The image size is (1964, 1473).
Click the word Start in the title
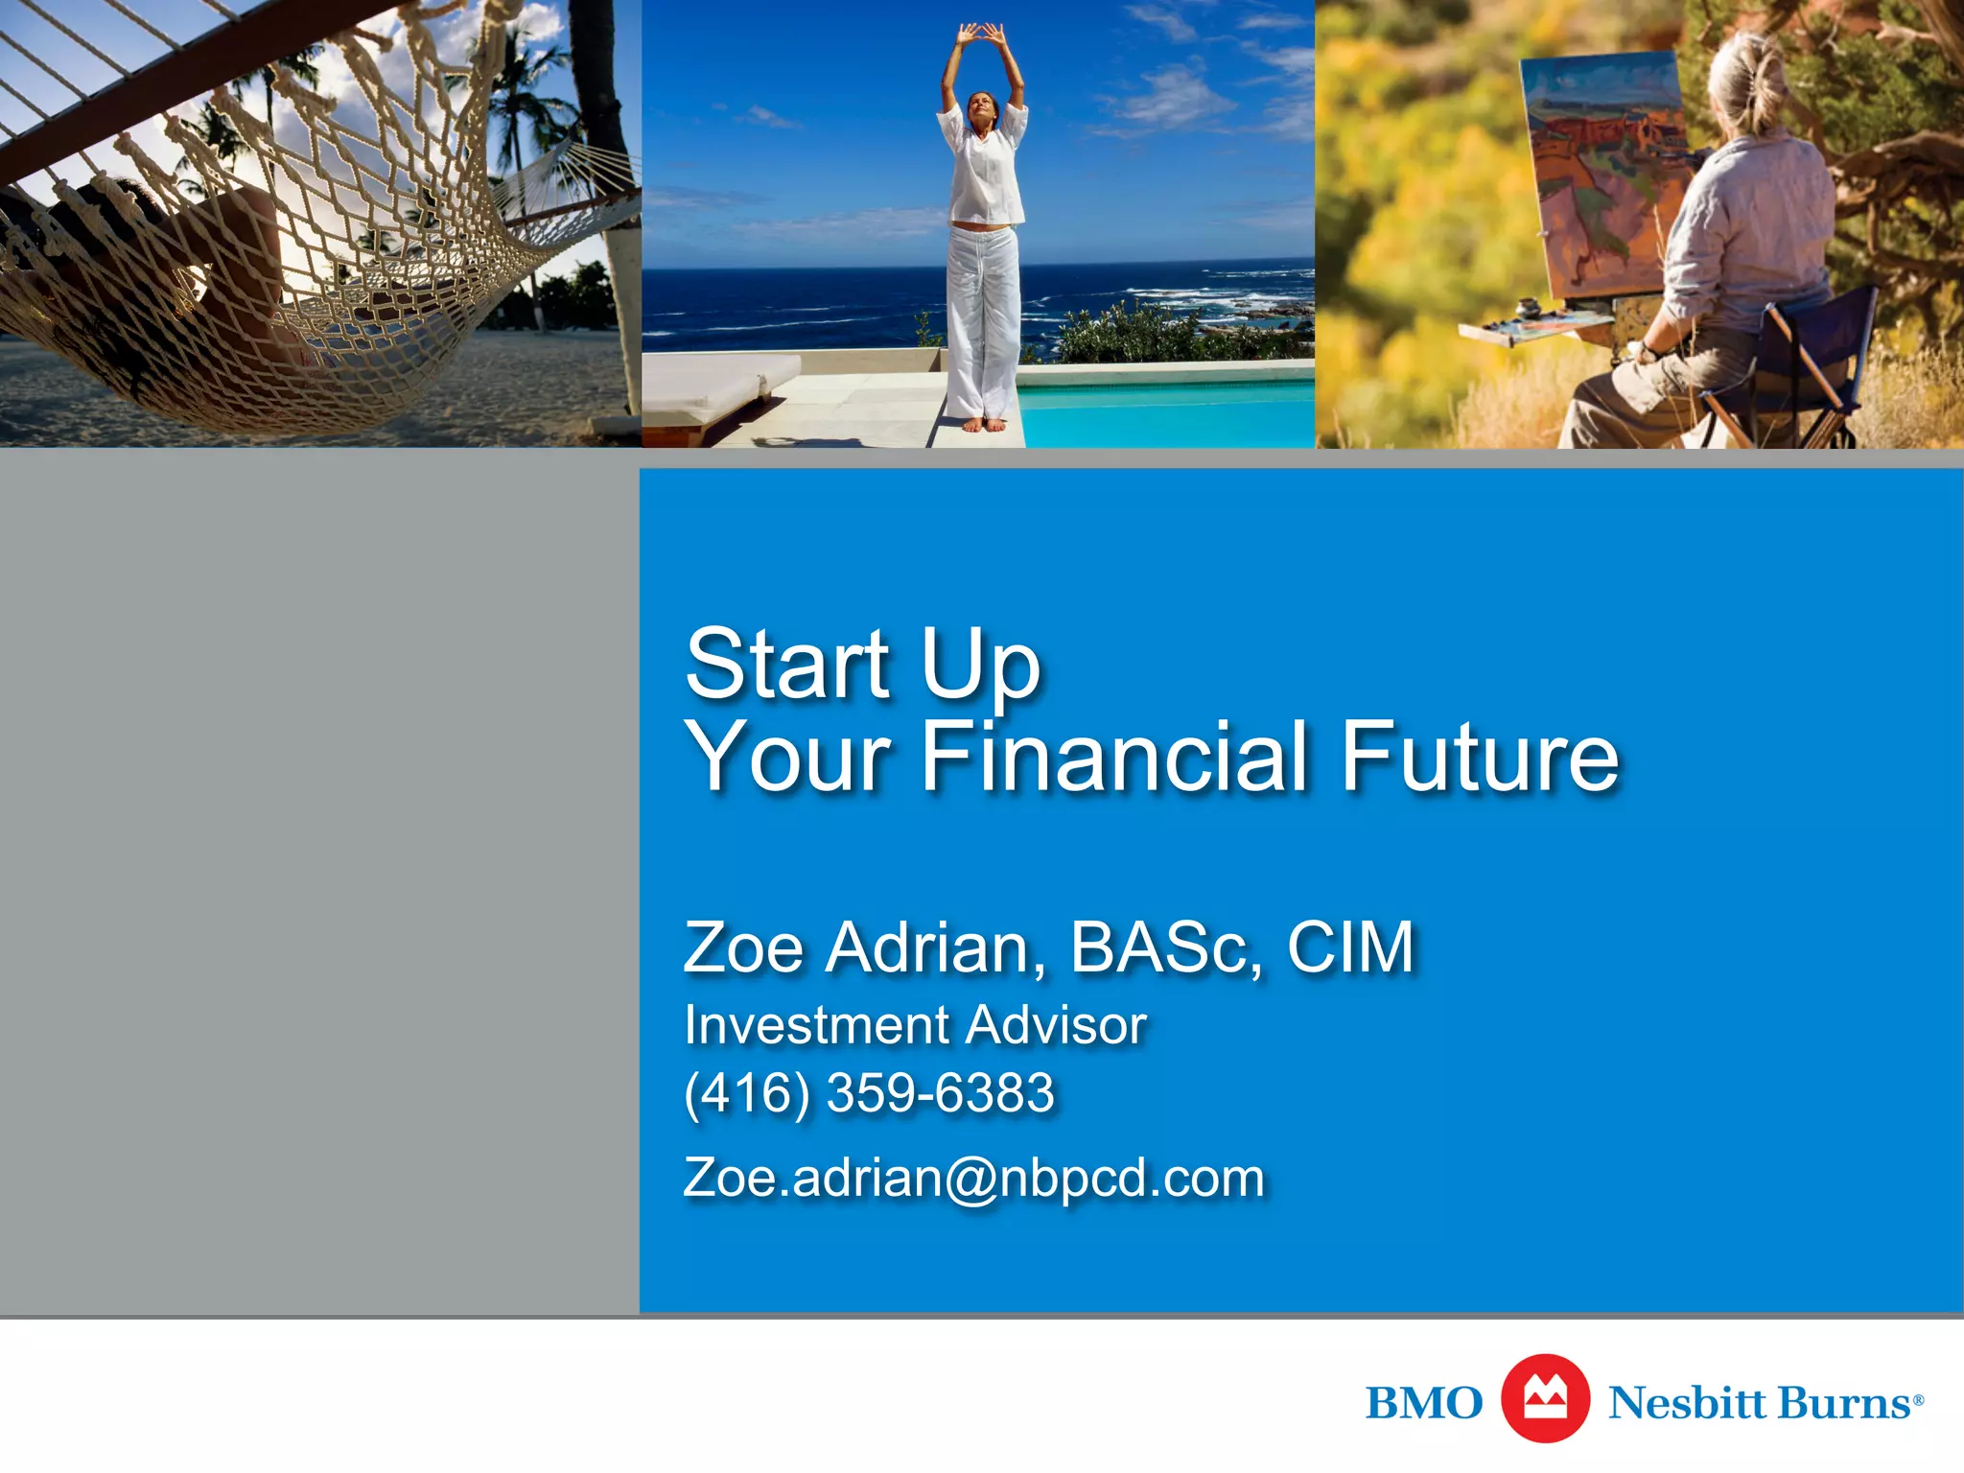point(788,664)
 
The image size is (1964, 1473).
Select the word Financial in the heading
point(1114,758)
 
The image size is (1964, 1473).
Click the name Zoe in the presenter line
point(743,947)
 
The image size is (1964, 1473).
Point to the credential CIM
point(1350,947)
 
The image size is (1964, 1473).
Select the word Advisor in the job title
point(1056,1025)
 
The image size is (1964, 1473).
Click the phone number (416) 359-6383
point(869,1093)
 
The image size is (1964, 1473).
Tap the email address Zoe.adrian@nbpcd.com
point(973,1178)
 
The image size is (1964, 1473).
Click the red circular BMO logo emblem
point(1545,1399)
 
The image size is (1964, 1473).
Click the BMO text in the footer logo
point(1423,1403)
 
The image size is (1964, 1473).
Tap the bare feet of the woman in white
point(983,423)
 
